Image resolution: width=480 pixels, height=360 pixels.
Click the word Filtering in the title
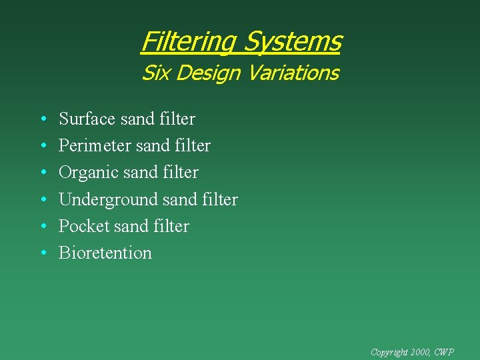[189, 42]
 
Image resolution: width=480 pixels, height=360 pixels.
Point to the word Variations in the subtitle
[293, 73]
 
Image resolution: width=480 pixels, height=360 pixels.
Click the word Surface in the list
[87, 119]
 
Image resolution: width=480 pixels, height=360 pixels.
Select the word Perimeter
[95, 146]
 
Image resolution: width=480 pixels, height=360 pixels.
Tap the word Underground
[105, 199]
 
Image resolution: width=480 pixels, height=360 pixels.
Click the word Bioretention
[105, 253]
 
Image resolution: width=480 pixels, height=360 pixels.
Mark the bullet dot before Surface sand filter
[42, 120]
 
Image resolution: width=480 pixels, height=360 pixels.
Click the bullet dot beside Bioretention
[42, 253]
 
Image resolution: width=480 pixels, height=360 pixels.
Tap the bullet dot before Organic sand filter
[42, 173]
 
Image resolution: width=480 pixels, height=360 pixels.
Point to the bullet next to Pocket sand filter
[42, 227]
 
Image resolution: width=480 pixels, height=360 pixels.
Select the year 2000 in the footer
[421, 351]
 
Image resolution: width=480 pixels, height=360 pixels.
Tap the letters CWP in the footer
[445, 351]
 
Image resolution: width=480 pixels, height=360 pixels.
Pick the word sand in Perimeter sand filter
[152, 146]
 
